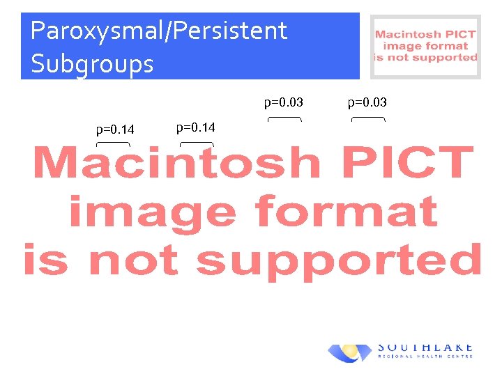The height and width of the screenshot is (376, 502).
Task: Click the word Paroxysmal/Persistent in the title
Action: tap(159, 31)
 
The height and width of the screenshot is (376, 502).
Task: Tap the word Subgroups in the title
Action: tap(92, 64)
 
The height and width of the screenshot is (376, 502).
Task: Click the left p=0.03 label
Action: tap(283, 103)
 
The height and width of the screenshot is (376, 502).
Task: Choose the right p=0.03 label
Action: tap(367, 103)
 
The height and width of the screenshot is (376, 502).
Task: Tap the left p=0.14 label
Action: tap(115, 129)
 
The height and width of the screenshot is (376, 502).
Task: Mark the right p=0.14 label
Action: tap(196, 127)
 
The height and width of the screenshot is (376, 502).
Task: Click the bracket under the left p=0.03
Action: tap(284, 120)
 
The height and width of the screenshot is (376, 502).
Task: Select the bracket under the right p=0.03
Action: tap(368, 120)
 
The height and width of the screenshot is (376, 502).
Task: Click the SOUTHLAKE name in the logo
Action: tap(425, 347)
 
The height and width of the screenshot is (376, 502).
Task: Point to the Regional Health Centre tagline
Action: tap(425, 357)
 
